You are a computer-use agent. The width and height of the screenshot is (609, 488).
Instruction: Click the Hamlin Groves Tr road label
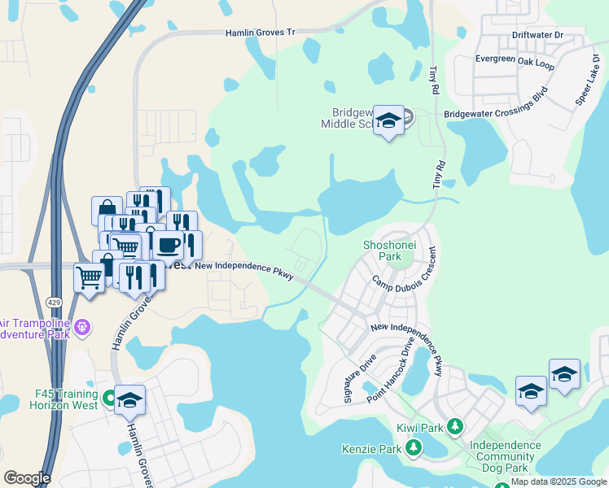pyautogui.click(x=260, y=33)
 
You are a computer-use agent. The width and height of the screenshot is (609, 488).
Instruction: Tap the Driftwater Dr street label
pyautogui.click(x=537, y=35)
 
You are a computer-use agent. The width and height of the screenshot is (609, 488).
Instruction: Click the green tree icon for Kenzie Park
pyautogui.click(x=414, y=447)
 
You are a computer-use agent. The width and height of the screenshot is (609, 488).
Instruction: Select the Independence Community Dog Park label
pyautogui.click(x=505, y=457)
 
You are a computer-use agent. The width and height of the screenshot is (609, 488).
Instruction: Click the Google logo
pyautogui.click(x=26, y=478)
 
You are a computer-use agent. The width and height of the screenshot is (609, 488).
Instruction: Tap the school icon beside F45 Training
pyautogui.click(x=129, y=399)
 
